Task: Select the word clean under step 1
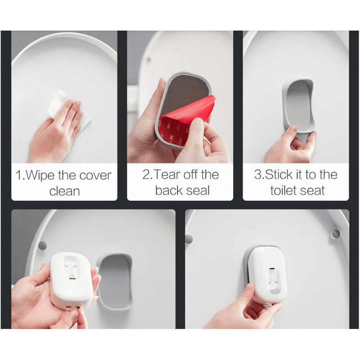64,191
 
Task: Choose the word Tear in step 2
166,175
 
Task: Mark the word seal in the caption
198,190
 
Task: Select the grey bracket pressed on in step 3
298,104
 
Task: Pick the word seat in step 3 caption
315,190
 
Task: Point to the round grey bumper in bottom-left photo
42,246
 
